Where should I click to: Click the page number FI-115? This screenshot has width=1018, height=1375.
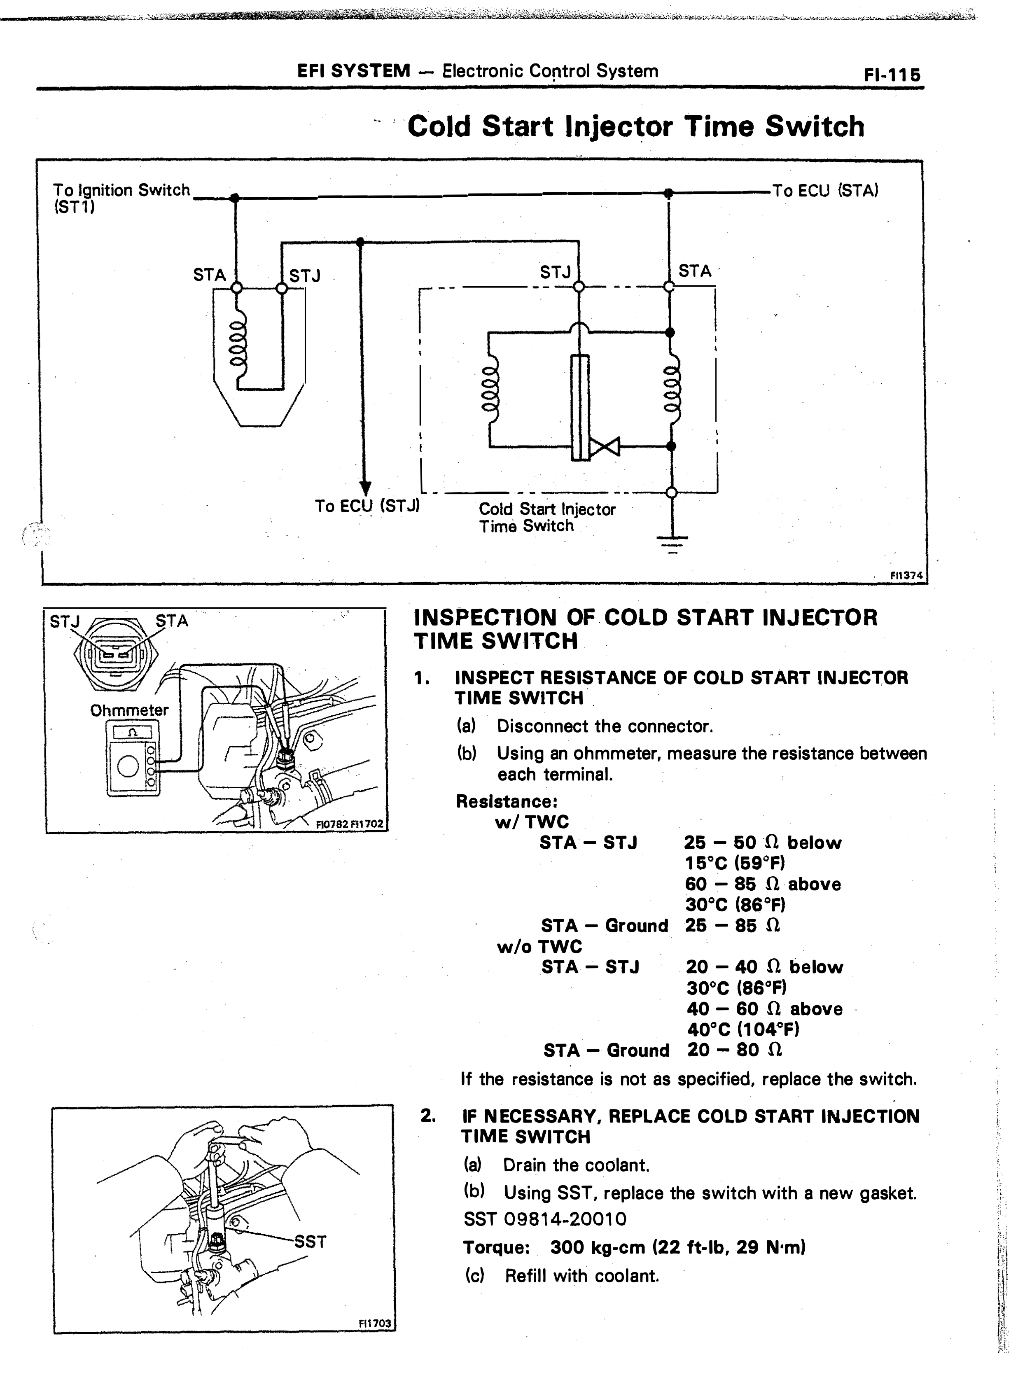tap(892, 75)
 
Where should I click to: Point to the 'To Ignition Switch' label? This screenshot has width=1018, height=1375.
tap(121, 190)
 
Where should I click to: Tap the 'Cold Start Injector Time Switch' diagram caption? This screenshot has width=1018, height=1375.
tap(546, 518)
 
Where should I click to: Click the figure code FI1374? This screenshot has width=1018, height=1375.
tap(906, 575)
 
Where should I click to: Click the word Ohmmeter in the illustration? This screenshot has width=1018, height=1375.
tap(129, 710)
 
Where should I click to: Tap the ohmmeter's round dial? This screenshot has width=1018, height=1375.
tap(128, 767)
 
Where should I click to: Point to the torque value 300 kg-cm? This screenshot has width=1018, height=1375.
tap(598, 1247)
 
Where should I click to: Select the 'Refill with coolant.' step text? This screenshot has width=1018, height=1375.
tap(582, 1275)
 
